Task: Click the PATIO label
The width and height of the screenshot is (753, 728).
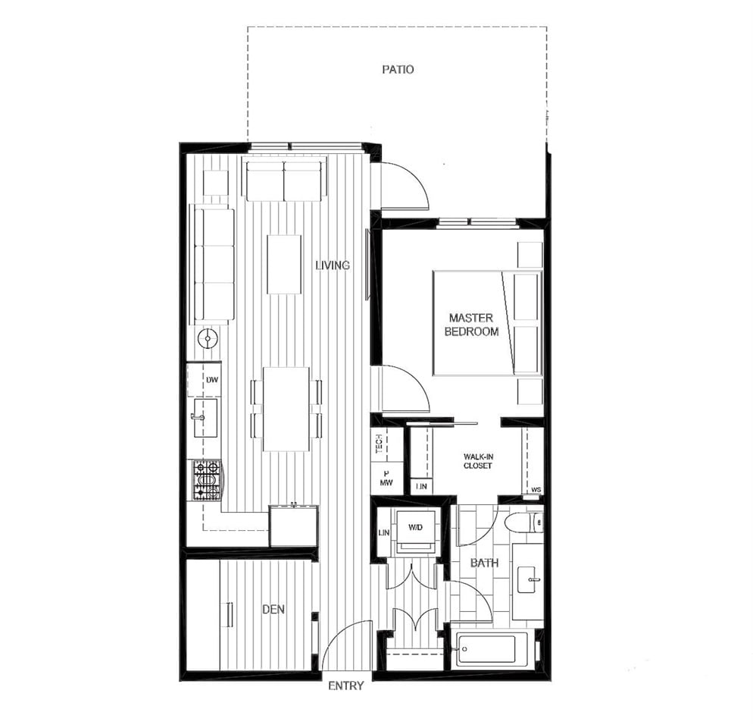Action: pos(398,69)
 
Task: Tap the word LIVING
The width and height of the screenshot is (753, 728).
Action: pos(333,265)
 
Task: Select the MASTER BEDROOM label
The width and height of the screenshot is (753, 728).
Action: pos(471,325)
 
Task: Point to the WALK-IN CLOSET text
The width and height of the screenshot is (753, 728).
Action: pos(478,461)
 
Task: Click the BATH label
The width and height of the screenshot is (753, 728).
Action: pos(484,563)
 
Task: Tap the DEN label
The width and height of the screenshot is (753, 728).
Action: pos(273,609)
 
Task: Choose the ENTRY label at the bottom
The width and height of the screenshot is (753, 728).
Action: pos(345,686)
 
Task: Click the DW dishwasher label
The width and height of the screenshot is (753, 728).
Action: pos(212,379)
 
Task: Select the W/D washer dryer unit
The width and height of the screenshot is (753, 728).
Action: pos(415,532)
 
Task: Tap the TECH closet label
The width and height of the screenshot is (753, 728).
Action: pos(379,444)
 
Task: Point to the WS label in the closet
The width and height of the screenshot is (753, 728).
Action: pos(536,490)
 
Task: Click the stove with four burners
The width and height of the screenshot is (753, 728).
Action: pos(207,480)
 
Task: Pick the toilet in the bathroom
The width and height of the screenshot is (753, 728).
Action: pos(524,522)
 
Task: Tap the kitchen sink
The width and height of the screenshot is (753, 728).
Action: pos(205,417)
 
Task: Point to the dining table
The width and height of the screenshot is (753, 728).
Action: pos(286,409)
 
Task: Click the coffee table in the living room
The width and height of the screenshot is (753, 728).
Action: pos(284,264)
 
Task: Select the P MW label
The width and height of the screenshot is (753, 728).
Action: pos(386,478)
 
